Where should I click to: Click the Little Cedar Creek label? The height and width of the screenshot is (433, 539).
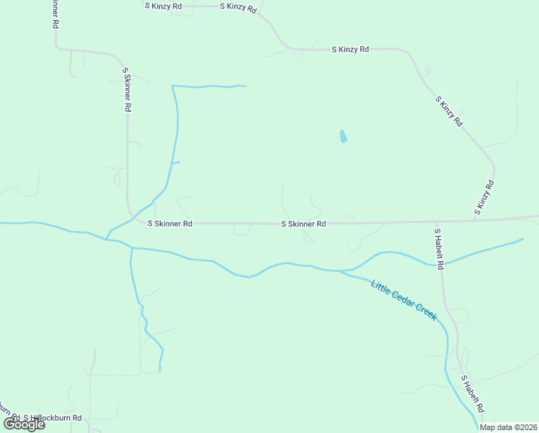point(404,299)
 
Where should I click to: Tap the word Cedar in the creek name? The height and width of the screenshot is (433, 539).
point(405,300)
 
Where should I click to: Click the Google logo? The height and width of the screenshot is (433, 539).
point(24,424)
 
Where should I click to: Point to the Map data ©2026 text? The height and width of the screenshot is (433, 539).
point(508,427)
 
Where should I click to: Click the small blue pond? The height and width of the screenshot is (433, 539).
point(343,136)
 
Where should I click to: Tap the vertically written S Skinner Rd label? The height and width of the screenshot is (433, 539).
point(126,89)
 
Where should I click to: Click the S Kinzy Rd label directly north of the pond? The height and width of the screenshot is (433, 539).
point(350,49)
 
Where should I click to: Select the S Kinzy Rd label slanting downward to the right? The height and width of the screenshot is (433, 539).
point(447,110)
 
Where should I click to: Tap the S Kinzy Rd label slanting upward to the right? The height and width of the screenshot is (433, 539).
point(484,198)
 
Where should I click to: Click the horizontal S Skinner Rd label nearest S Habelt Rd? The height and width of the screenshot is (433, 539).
point(303,224)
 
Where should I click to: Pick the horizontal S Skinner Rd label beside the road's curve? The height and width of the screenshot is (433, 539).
point(169,224)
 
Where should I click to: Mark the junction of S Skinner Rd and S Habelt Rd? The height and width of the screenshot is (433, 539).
point(436,222)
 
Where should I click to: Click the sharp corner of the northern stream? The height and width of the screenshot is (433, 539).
point(172,86)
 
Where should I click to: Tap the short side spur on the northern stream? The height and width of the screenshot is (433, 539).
point(175,163)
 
